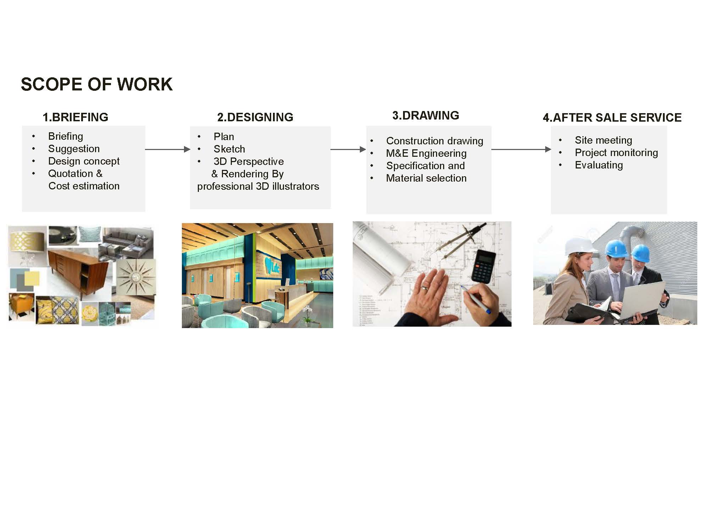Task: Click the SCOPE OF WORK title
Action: [97, 84]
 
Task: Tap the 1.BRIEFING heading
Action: [76, 117]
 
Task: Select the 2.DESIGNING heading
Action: [255, 117]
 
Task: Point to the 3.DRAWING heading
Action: [426, 115]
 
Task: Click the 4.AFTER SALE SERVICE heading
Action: [612, 117]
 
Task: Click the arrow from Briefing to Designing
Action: [168, 149]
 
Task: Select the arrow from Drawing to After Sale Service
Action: [521, 149]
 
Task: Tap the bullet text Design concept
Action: [84, 161]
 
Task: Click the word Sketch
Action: [229, 149]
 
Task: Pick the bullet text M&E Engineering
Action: [426, 153]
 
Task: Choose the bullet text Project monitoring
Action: [616, 153]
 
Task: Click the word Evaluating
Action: [599, 165]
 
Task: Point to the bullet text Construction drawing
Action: [435, 141]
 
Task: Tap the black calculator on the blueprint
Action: [484, 266]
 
